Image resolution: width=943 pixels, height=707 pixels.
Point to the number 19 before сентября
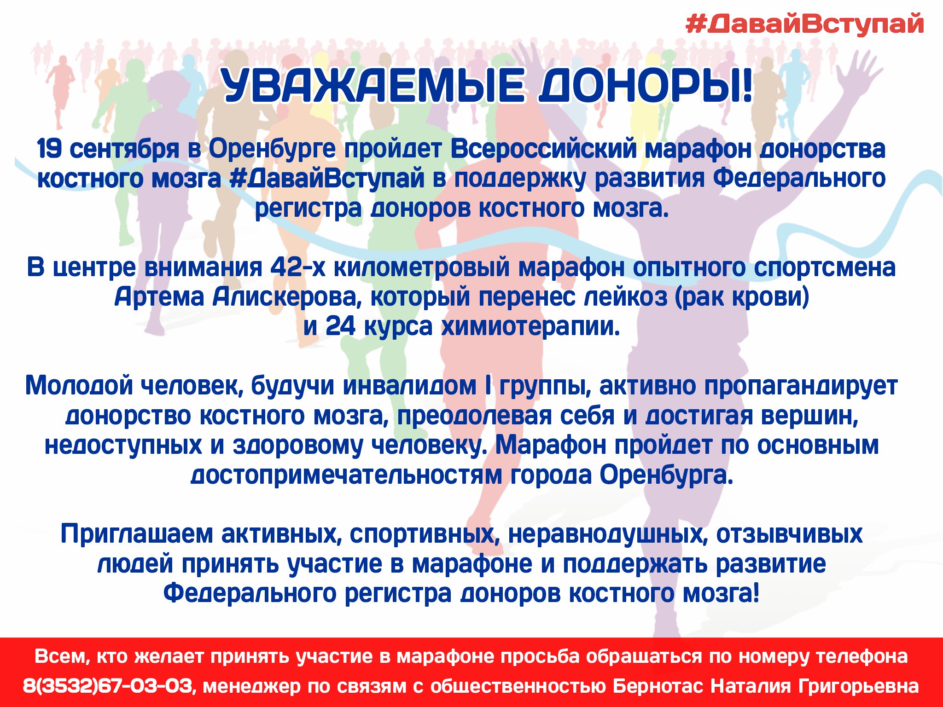click(49, 149)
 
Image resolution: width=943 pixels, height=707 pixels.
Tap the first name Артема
click(159, 297)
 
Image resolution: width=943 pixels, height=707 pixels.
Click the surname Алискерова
click(284, 297)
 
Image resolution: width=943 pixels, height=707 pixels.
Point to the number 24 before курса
click(340, 327)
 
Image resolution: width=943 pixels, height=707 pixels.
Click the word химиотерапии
click(530, 327)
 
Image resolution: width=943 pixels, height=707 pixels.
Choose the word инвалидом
click(409, 386)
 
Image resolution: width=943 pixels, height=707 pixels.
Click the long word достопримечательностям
click(346, 475)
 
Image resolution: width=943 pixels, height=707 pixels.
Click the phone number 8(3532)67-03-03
click(107, 686)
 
